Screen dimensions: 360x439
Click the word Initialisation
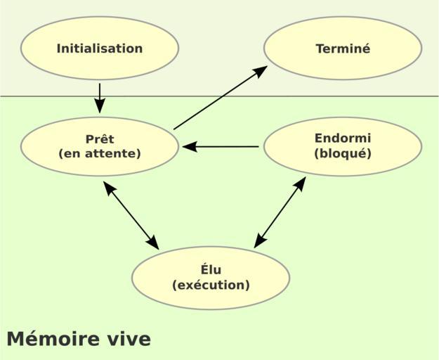point(100,49)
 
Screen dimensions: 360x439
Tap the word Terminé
point(343,49)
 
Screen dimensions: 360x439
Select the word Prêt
point(100,139)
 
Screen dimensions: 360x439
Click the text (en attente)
point(100,153)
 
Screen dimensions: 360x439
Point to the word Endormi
point(343,139)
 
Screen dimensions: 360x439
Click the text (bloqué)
point(343,153)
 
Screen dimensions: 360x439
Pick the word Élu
point(211,270)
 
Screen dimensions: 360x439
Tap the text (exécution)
point(211,285)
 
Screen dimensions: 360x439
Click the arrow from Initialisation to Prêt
point(100,97)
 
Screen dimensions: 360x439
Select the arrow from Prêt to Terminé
point(219,98)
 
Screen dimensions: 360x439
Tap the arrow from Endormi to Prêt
point(221,147)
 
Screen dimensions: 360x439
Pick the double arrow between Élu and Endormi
point(280,212)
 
